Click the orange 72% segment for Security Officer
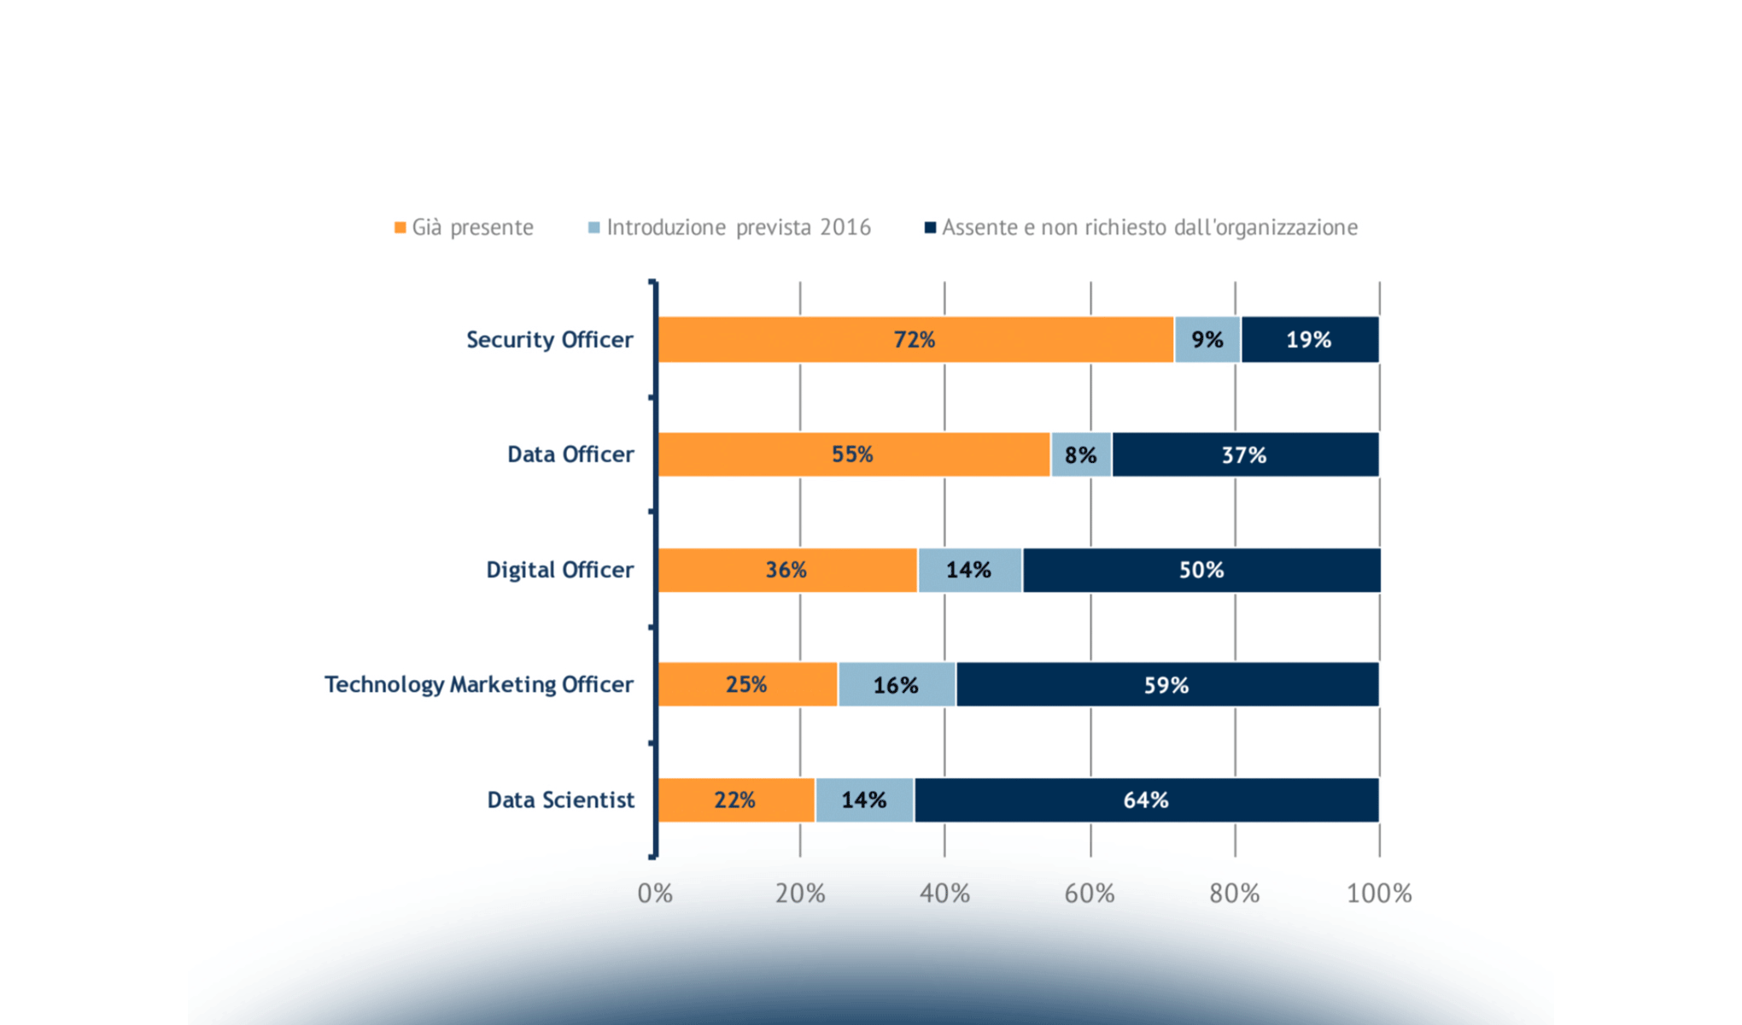click(915, 340)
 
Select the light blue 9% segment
click(1207, 340)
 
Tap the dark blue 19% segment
click(1309, 340)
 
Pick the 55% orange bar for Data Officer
click(853, 454)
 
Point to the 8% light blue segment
click(1080, 454)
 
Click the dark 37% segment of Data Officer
click(1244, 454)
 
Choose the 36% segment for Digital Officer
click(786, 570)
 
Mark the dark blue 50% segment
click(1201, 570)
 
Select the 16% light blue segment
click(896, 684)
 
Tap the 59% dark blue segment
click(1166, 684)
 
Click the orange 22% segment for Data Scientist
click(735, 800)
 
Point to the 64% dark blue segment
click(1145, 800)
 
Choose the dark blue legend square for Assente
click(931, 227)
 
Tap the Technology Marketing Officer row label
click(478, 684)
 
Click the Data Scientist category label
click(560, 800)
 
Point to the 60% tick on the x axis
click(1090, 893)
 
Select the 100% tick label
click(1378, 893)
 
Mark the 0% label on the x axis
click(655, 893)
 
